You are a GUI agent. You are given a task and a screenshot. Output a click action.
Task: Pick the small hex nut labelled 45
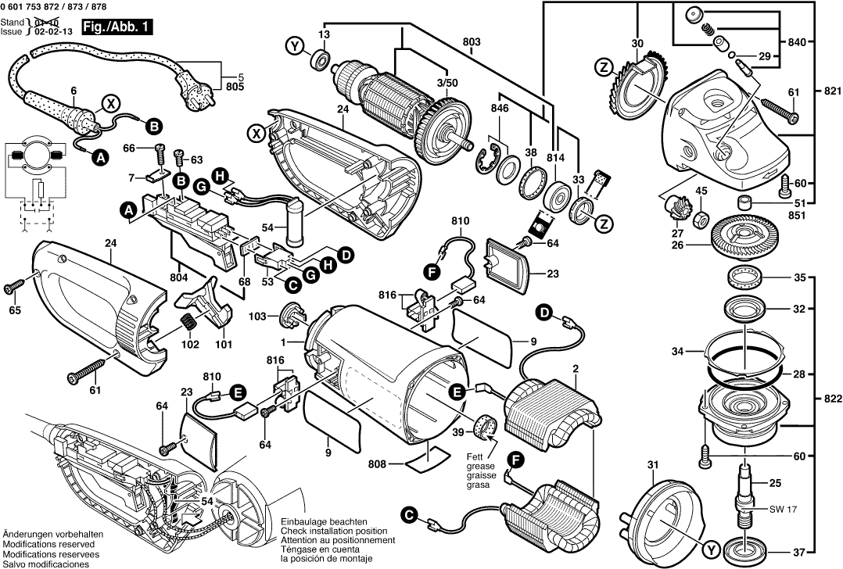701,215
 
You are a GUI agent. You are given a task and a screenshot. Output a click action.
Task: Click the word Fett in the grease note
477,456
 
